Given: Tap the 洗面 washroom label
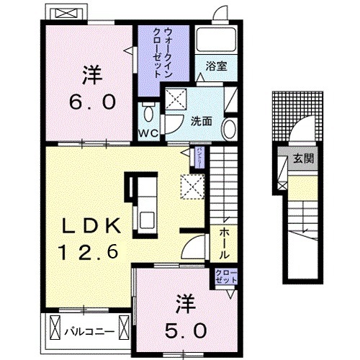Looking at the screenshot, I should click(201, 121).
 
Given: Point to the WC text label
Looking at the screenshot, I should click(148, 133).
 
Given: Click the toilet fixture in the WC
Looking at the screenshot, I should click(148, 112).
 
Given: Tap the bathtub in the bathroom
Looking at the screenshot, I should click(215, 40).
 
